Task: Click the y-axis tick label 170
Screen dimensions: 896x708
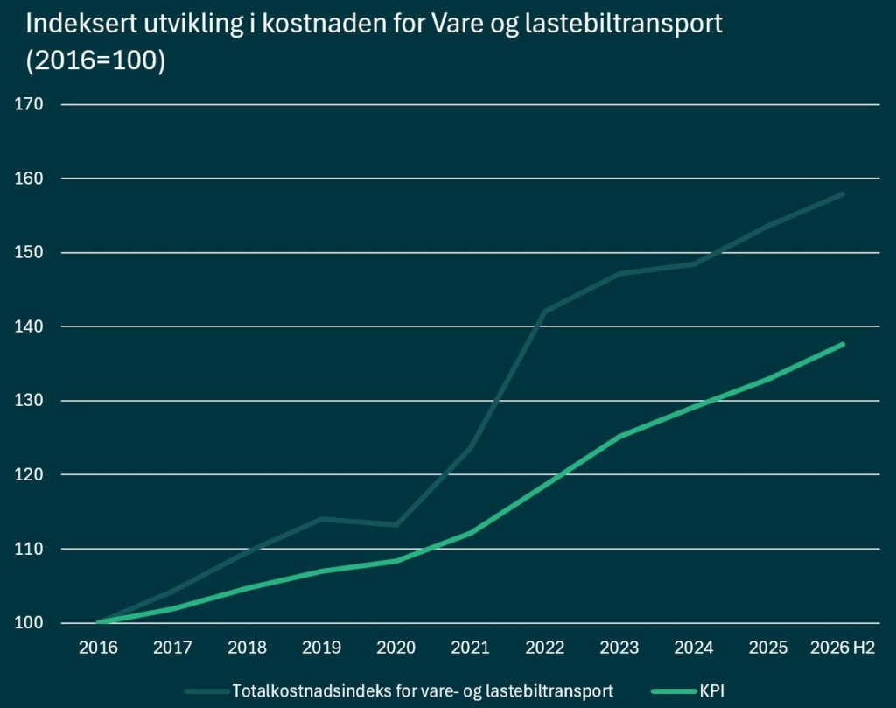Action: [29, 104]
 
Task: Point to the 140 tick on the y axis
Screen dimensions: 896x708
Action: [29, 326]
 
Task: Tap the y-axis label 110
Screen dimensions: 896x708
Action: [29, 549]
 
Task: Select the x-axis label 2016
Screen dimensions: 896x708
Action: [98, 648]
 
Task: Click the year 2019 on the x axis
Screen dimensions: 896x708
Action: [322, 648]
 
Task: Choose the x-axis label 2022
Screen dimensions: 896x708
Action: [544, 648]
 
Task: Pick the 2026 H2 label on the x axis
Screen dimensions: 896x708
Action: [843, 648]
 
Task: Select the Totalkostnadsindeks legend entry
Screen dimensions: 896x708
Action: [399, 690]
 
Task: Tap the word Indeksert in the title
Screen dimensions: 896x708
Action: [78, 24]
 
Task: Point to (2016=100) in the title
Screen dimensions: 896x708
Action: [95, 60]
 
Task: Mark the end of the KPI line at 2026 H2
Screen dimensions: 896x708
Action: [843, 344]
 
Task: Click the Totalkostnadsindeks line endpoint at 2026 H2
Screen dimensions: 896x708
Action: [843, 194]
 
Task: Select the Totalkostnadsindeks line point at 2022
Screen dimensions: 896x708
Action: [544, 312]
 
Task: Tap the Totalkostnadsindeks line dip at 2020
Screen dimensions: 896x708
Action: [396, 524]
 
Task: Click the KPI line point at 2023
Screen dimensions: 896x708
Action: [619, 437]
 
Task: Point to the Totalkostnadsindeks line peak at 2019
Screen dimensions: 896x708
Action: [322, 519]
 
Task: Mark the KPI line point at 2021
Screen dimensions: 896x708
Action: [470, 533]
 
